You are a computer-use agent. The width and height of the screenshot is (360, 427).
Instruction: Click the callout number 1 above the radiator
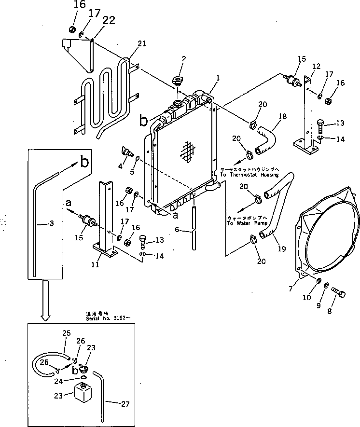(218, 77)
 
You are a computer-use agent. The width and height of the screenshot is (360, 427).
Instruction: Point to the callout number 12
(317, 66)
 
